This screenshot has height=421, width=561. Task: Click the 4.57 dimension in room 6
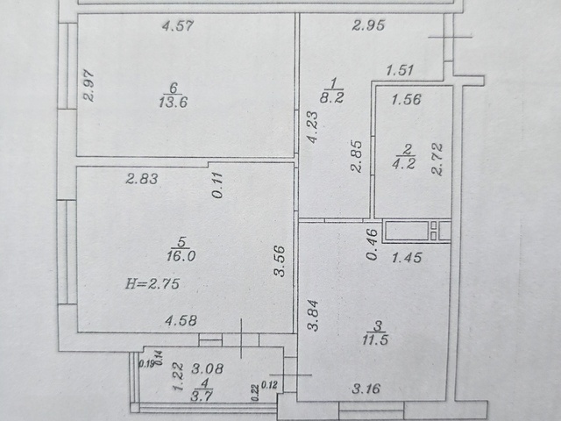click(x=177, y=25)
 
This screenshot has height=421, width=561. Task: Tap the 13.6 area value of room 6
click(x=174, y=103)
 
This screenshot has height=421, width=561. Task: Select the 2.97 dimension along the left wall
click(x=89, y=86)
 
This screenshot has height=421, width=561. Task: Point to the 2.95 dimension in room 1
click(x=368, y=25)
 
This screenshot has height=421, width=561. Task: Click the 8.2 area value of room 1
click(x=331, y=97)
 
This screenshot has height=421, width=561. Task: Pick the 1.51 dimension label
click(x=400, y=70)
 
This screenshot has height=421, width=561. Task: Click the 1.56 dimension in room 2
click(x=406, y=99)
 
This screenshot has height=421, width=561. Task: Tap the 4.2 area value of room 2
click(x=403, y=164)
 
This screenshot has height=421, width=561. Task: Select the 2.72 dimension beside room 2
click(x=437, y=159)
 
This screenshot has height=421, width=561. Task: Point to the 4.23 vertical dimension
click(x=313, y=127)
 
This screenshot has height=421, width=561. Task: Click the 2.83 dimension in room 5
click(x=142, y=179)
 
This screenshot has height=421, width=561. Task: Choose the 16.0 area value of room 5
click(x=181, y=256)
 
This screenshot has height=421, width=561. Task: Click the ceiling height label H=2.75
click(x=153, y=284)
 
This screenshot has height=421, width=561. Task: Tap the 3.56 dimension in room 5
click(x=279, y=261)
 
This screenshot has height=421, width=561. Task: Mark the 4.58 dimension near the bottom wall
click(x=181, y=320)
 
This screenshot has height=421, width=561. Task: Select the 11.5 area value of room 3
click(x=375, y=339)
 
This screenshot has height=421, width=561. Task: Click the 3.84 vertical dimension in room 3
click(x=314, y=316)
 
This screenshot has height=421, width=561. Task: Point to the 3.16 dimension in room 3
click(x=366, y=389)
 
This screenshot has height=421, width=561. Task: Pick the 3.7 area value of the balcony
click(x=202, y=396)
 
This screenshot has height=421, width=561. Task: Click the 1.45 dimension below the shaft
click(x=407, y=257)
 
